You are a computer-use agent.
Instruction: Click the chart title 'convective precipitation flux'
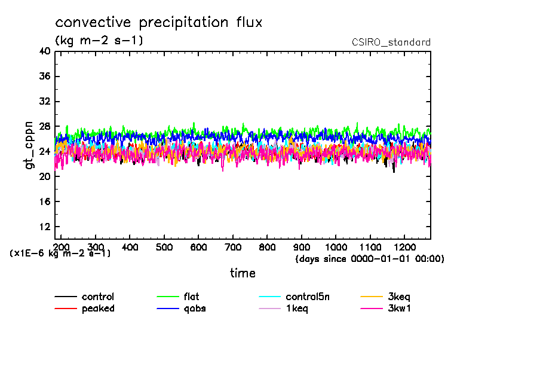coord(159,23)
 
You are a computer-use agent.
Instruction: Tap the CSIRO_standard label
coord(391,42)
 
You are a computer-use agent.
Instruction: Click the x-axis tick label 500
coord(164,247)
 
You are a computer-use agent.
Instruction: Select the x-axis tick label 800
coord(267,247)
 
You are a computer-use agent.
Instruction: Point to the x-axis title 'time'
coord(243,273)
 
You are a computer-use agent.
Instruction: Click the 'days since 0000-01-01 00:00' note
coord(370,259)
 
